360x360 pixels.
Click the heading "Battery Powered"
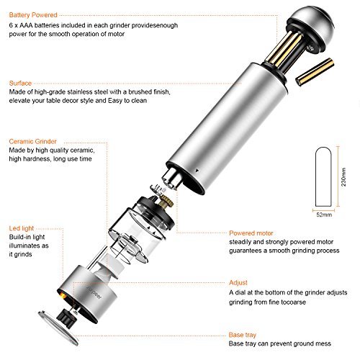(x=33, y=15)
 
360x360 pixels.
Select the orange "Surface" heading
(x=20, y=83)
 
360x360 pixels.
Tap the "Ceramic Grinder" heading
(x=33, y=141)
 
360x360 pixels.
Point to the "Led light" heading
(x=22, y=228)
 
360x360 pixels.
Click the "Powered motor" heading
(x=251, y=233)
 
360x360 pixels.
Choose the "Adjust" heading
(x=238, y=282)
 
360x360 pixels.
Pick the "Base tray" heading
(x=243, y=335)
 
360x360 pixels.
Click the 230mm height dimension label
(x=343, y=177)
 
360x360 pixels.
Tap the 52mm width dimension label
(x=324, y=215)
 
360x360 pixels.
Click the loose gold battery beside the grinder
(x=315, y=71)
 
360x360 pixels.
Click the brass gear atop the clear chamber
(x=166, y=200)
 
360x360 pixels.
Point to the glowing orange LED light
(x=62, y=295)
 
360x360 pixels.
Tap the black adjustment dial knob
(x=66, y=318)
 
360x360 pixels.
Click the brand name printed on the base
(x=94, y=292)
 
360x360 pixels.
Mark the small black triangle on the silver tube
(x=197, y=171)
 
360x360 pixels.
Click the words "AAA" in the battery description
(x=26, y=25)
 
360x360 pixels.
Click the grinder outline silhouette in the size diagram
(x=323, y=177)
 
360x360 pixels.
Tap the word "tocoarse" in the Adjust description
(x=293, y=302)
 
